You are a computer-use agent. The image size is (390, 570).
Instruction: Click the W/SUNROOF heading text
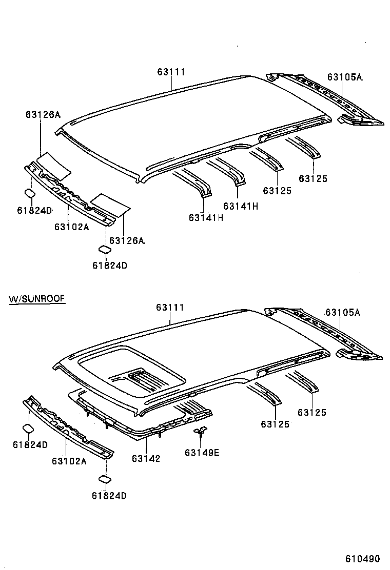click(37, 298)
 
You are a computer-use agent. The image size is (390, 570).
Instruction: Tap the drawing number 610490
click(362, 558)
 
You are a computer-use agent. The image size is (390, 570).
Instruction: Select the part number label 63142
click(146, 458)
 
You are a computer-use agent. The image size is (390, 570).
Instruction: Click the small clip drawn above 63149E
click(201, 431)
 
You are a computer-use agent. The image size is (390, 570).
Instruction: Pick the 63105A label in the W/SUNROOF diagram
click(342, 313)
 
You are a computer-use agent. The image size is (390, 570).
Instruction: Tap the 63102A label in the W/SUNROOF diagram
click(69, 461)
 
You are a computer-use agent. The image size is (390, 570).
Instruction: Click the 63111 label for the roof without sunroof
click(171, 72)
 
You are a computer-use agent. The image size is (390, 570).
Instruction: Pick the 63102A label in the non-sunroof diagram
click(71, 226)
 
